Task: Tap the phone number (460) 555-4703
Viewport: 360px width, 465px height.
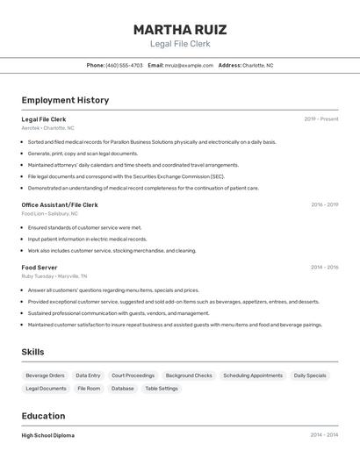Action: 124,65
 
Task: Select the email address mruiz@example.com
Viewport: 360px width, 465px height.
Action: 190,65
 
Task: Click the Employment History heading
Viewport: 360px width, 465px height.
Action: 65,100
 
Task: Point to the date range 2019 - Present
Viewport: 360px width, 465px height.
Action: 321,118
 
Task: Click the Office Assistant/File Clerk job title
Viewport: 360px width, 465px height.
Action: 60,204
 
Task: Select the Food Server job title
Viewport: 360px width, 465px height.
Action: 40,267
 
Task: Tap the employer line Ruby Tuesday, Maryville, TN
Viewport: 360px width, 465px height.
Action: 54,276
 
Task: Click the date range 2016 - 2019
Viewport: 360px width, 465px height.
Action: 324,204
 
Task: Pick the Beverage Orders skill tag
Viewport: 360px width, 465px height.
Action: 45,376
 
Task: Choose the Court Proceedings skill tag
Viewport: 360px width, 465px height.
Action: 133,376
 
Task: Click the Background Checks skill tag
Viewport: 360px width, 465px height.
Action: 189,376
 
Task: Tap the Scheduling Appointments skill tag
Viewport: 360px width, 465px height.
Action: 253,376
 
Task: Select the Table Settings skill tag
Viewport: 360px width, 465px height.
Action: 162,388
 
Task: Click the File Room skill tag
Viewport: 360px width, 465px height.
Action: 89,388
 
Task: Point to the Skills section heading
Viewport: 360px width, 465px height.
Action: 32,352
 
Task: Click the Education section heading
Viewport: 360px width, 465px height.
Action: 43,416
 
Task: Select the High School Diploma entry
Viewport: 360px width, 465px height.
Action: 48,435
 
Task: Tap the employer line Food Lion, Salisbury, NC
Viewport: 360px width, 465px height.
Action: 49,213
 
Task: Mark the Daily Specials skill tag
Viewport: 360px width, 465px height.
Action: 310,376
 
